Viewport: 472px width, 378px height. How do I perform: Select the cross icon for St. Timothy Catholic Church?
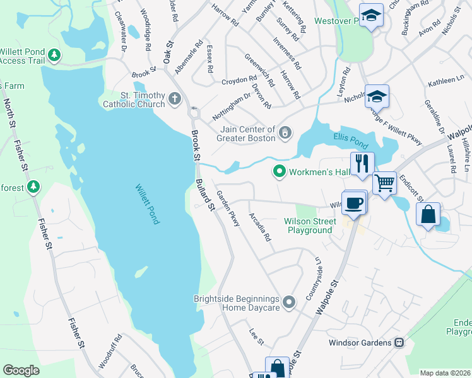click(174, 99)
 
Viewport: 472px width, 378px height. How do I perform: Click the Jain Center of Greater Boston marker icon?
click(285, 133)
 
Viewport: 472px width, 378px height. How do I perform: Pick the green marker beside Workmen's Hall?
click(279, 171)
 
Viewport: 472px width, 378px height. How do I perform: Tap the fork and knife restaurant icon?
click(362, 163)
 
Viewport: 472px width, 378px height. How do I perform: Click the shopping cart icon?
click(384, 183)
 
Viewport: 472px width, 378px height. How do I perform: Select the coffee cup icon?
click(354, 202)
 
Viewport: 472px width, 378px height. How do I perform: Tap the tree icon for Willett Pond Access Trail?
click(55, 55)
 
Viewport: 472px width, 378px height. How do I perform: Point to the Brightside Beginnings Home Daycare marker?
click(289, 303)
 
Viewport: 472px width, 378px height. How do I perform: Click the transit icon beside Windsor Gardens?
click(399, 343)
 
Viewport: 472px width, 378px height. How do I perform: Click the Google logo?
click(21, 370)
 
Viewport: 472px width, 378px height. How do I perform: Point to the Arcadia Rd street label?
click(259, 228)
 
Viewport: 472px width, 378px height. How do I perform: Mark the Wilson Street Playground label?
click(308, 226)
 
